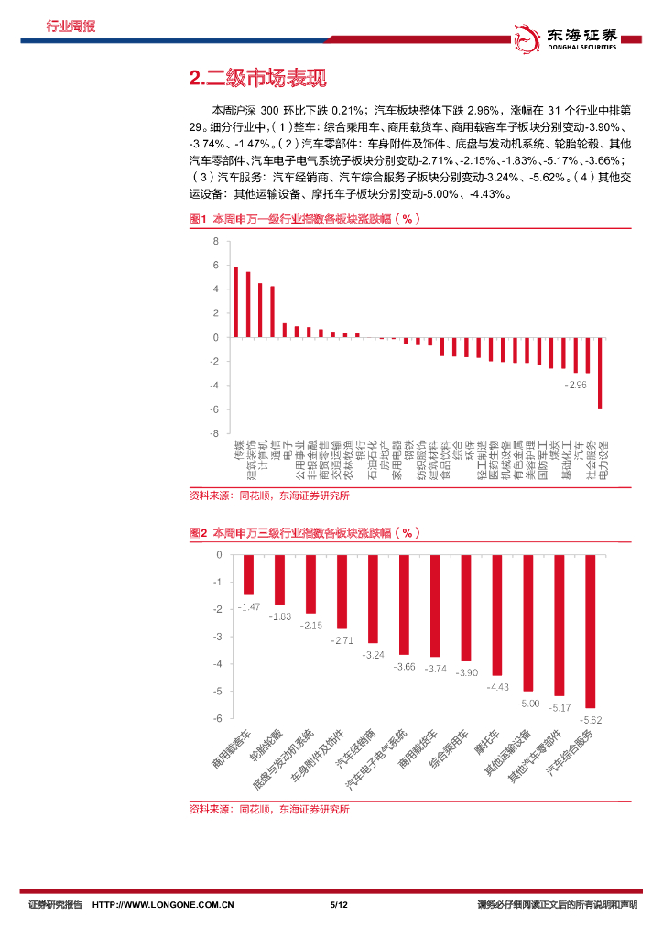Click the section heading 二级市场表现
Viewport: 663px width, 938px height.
pyautogui.click(x=256, y=79)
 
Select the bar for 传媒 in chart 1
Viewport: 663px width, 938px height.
pyautogui.click(x=236, y=302)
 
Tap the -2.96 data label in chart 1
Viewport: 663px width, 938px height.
pyautogui.click(x=576, y=385)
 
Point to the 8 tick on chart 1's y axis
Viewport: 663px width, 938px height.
pyautogui.click(x=215, y=242)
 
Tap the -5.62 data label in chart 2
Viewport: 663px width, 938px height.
pyautogui.click(x=592, y=720)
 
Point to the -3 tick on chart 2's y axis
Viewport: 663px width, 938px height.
pyautogui.click(x=217, y=637)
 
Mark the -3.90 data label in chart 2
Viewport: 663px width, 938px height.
pyautogui.click(x=466, y=673)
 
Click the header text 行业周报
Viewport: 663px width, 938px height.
pyautogui.click(x=71, y=26)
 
